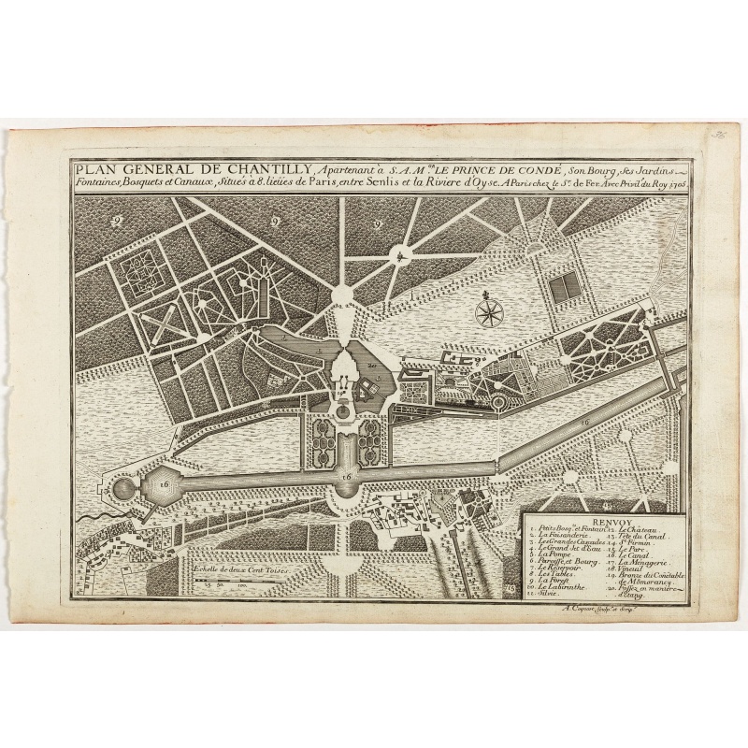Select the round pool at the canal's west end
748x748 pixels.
(x=122, y=487)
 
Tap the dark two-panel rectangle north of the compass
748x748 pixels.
(x=564, y=288)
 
